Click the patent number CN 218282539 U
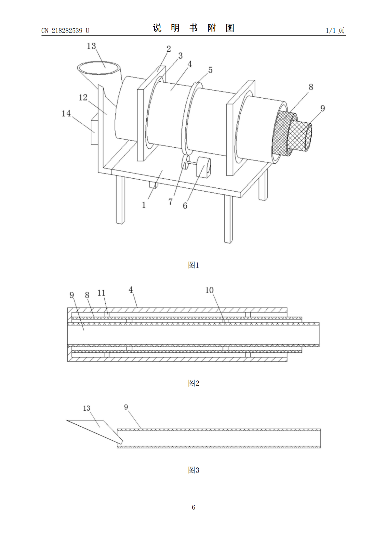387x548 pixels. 65,31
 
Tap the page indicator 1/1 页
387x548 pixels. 335,31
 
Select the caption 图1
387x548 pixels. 193,265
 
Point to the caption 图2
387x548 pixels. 193,383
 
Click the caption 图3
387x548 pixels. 193,470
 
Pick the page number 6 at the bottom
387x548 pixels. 193,507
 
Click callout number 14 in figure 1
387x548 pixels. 66,114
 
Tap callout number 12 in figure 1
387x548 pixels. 83,98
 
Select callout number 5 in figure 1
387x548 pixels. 210,70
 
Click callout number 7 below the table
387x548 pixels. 170,201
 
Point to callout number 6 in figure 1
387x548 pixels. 185,206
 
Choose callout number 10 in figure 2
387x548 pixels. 209,290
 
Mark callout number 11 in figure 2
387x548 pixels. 101,293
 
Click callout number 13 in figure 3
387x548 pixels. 87,408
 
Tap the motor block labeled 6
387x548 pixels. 203,167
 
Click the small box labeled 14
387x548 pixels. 94,132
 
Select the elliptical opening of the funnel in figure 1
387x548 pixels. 99,68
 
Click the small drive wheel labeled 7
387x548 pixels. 185,162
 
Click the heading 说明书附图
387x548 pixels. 193,28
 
